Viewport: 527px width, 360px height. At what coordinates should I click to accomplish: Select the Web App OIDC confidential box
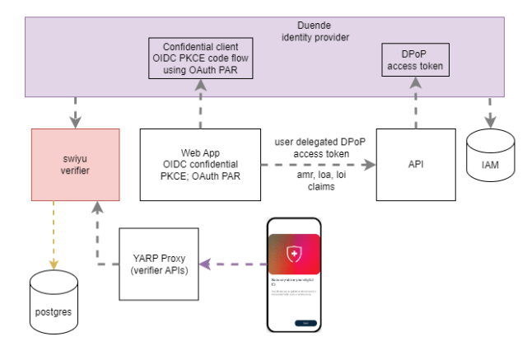(201, 164)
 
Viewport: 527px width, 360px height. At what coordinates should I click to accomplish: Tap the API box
(416, 164)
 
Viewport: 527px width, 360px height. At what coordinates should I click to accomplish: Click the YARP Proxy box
(159, 263)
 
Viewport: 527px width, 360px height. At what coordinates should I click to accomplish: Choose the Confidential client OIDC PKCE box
(201, 58)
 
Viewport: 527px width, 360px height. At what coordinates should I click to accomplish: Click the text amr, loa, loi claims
(317, 183)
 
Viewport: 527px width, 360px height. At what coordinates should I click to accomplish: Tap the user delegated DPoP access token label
(317, 147)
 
